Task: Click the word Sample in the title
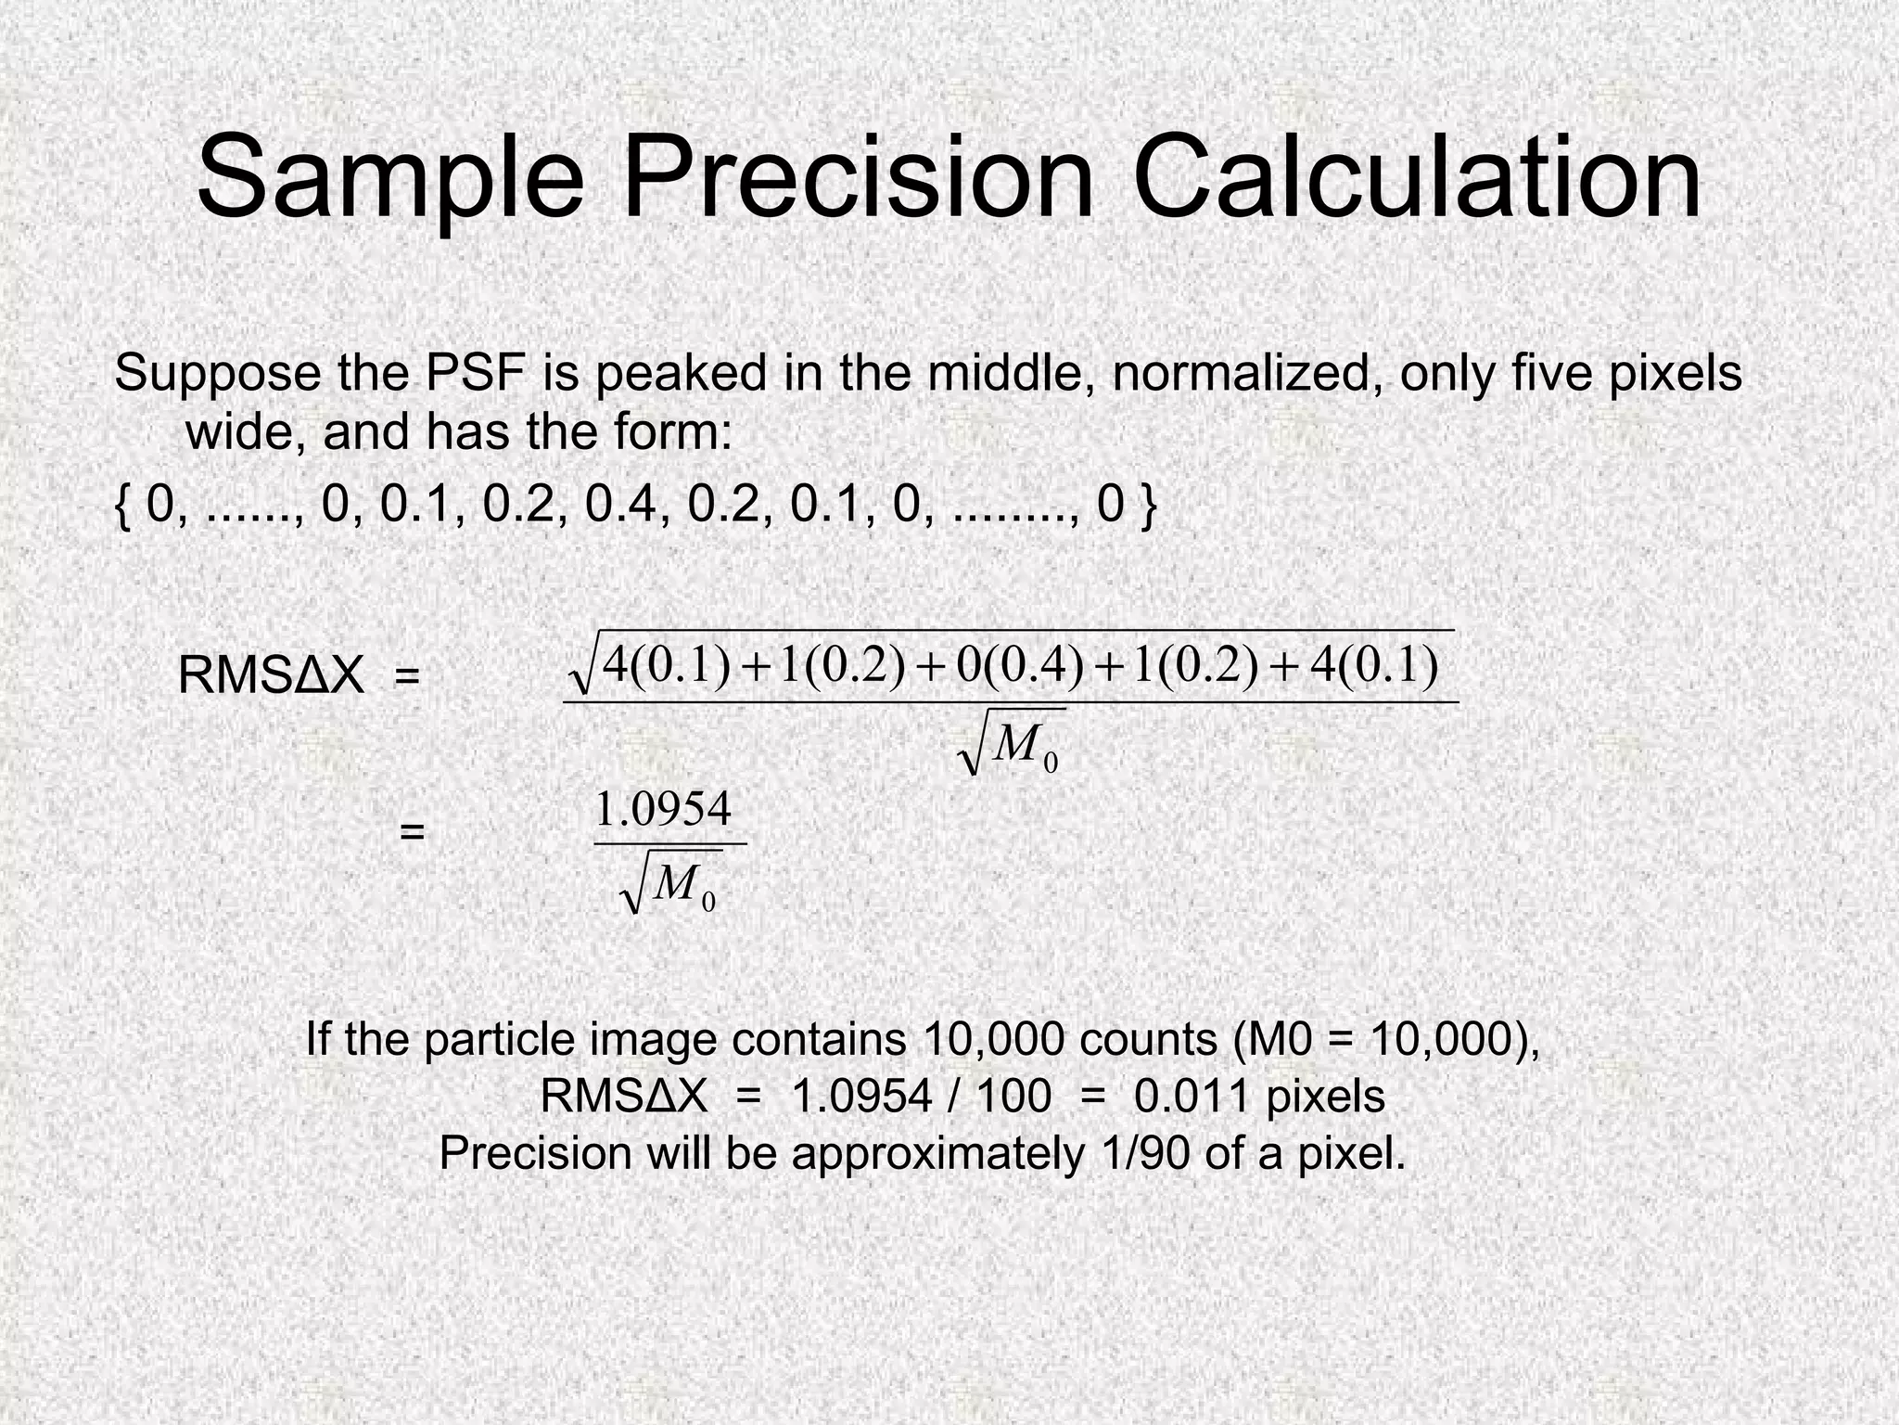tap(390, 176)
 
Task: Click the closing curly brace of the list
tap(1148, 506)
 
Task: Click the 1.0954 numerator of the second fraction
tap(663, 809)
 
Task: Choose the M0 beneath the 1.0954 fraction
tap(682, 886)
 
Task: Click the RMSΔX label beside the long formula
tap(271, 675)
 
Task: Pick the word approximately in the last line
tap(937, 1153)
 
